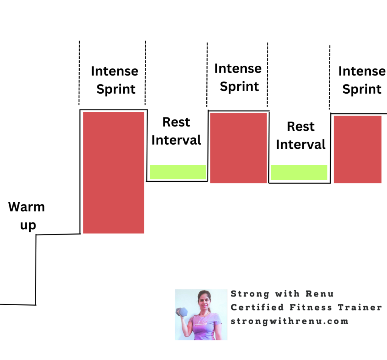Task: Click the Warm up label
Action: coord(26,216)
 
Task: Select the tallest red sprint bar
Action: coord(113,173)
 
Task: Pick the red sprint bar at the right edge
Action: coord(357,149)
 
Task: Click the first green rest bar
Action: coord(178,172)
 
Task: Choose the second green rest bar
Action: coord(299,172)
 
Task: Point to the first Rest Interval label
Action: coord(176,131)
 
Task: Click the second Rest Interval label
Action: coord(301,135)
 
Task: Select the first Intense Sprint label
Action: coord(115,80)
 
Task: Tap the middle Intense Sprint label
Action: coord(238,77)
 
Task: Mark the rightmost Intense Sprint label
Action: coord(362,80)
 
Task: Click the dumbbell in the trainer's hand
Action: coord(182,312)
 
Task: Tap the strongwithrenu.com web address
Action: coord(289,321)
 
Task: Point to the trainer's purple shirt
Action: coord(204,327)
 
